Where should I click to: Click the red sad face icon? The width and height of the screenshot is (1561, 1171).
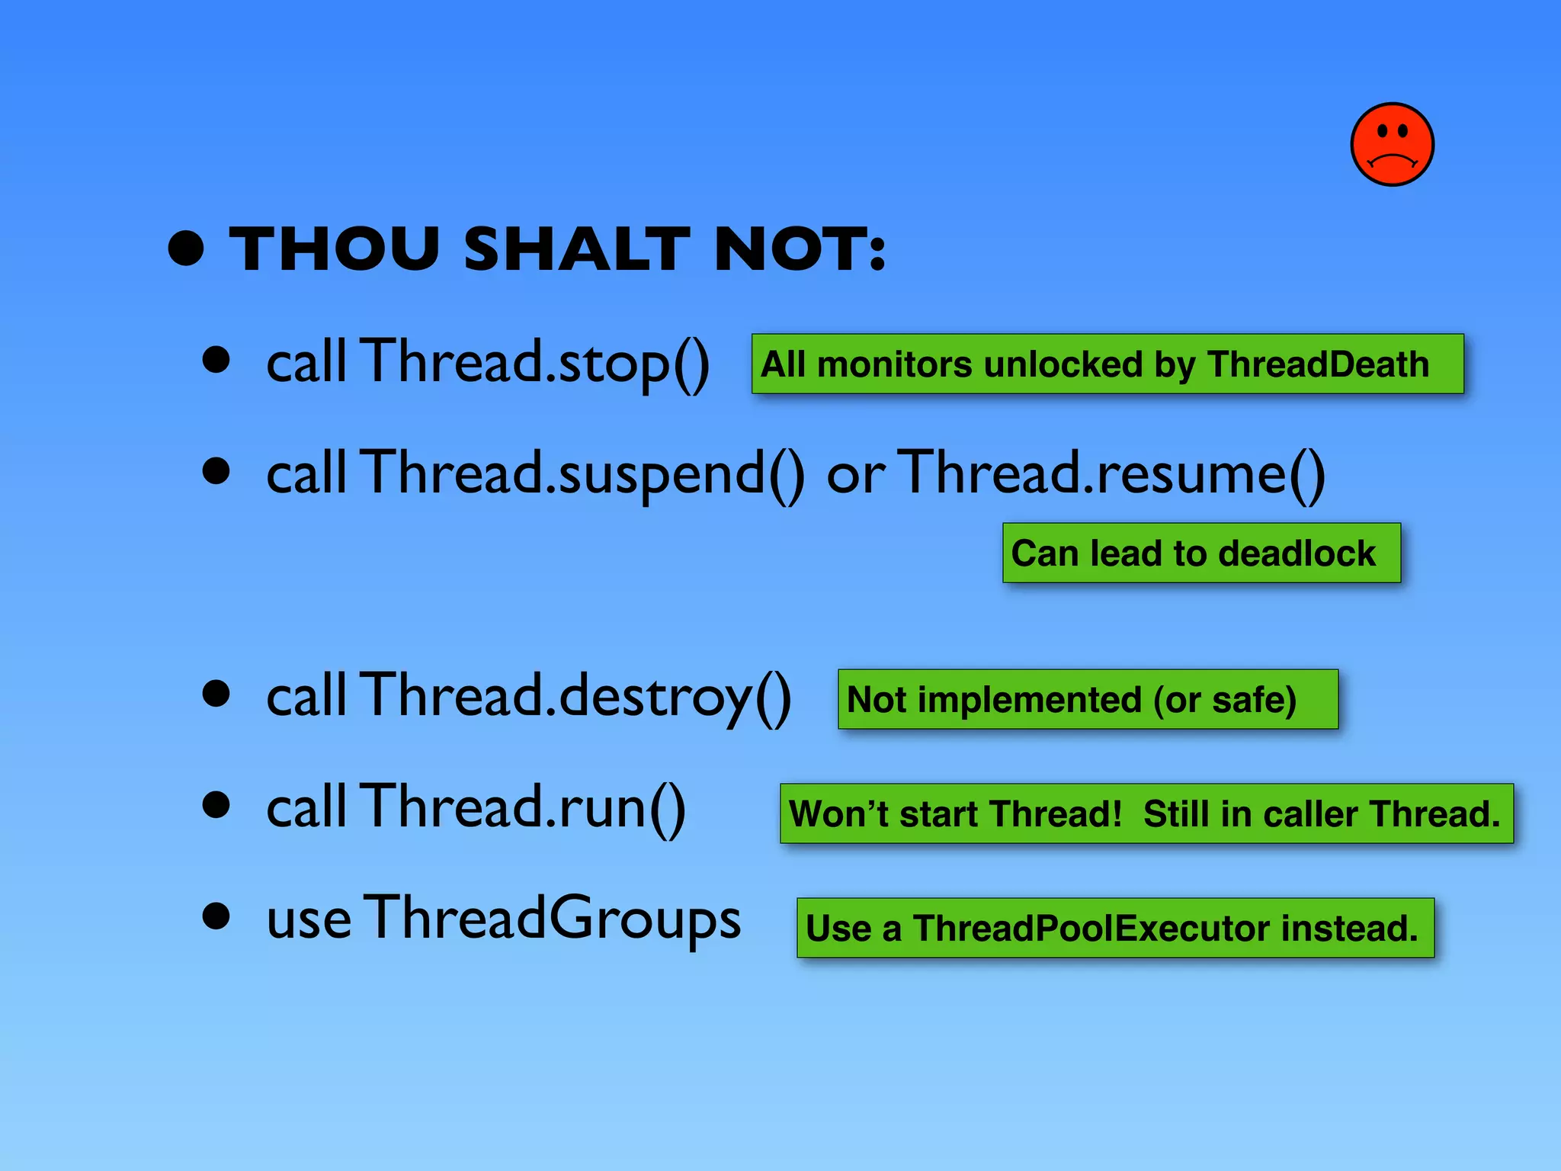pyautogui.click(x=1392, y=144)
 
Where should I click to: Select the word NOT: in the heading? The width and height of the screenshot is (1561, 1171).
pyautogui.click(x=800, y=249)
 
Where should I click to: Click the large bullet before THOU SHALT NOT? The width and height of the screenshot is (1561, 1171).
pyautogui.click(x=187, y=249)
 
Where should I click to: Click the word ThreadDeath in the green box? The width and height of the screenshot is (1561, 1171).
pyautogui.click(x=1318, y=364)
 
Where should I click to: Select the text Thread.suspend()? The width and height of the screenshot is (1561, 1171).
pyautogui.click(x=582, y=475)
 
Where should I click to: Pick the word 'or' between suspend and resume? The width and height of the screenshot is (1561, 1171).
pyautogui.click(x=855, y=476)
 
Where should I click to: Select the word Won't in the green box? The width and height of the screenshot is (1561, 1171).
pyautogui.click(x=838, y=814)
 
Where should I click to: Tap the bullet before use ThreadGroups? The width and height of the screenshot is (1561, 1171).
pyautogui.click(x=216, y=916)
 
